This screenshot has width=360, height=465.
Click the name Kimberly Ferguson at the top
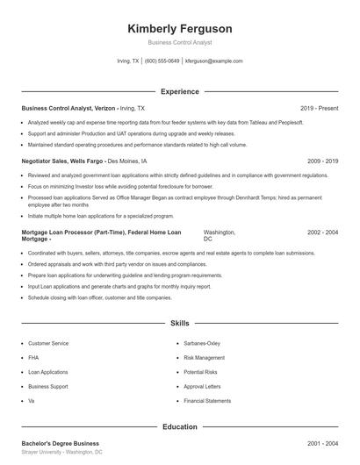[x=179, y=29]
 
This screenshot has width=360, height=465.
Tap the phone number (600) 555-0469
[x=162, y=61]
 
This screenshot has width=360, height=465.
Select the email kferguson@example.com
[x=214, y=61]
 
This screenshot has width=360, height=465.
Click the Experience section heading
[x=179, y=91]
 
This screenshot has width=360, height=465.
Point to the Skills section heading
[x=179, y=324]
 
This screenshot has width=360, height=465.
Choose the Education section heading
[x=179, y=427]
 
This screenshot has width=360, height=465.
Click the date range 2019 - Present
[x=319, y=108]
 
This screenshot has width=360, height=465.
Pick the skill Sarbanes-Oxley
[x=202, y=344]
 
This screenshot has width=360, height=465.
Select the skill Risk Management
[x=204, y=358]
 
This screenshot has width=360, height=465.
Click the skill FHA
[x=32, y=358]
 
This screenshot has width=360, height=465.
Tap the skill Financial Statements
[x=207, y=400]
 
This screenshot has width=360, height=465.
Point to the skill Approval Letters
[x=202, y=386]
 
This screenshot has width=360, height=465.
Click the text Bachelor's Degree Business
[x=61, y=443]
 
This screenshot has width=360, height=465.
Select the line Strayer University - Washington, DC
[x=62, y=453]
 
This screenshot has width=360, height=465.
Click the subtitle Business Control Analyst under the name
[x=179, y=42]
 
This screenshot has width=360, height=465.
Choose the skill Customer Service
[x=47, y=344]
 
